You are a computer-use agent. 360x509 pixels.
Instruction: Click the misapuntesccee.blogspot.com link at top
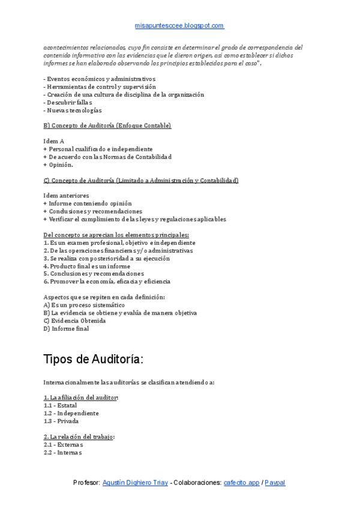click(179, 26)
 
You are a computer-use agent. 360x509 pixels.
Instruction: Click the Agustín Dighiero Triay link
click(135, 483)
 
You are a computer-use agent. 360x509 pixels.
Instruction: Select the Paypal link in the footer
click(275, 483)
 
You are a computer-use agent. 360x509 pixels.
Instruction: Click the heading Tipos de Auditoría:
click(93, 360)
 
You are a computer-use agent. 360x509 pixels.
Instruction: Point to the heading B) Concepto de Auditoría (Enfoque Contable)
click(107, 125)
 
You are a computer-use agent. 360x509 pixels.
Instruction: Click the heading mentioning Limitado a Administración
click(141, 180)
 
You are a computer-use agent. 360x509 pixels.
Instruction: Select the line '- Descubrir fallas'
click(68, 102)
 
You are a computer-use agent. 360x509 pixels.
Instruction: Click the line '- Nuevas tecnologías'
click(73, 110)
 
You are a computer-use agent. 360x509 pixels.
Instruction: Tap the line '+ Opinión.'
click(58, 164)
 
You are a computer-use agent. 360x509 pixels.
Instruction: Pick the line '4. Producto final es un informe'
click(86, 266)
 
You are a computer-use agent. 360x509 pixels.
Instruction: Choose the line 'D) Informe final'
click(66, 328)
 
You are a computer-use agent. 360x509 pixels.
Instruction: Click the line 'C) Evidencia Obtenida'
click(74, 321)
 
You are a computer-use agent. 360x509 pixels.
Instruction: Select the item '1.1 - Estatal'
click(60, 405)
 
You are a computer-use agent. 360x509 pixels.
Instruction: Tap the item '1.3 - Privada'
click(61, 421)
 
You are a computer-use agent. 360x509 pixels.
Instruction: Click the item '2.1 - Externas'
click(63, 445)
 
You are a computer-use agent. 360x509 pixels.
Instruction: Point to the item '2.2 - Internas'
click(62, 453)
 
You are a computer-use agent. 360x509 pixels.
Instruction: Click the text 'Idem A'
click(54, 141)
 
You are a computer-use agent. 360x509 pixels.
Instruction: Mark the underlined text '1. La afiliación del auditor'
click(80, 397)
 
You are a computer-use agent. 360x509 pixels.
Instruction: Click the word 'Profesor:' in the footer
click(86, 483)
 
